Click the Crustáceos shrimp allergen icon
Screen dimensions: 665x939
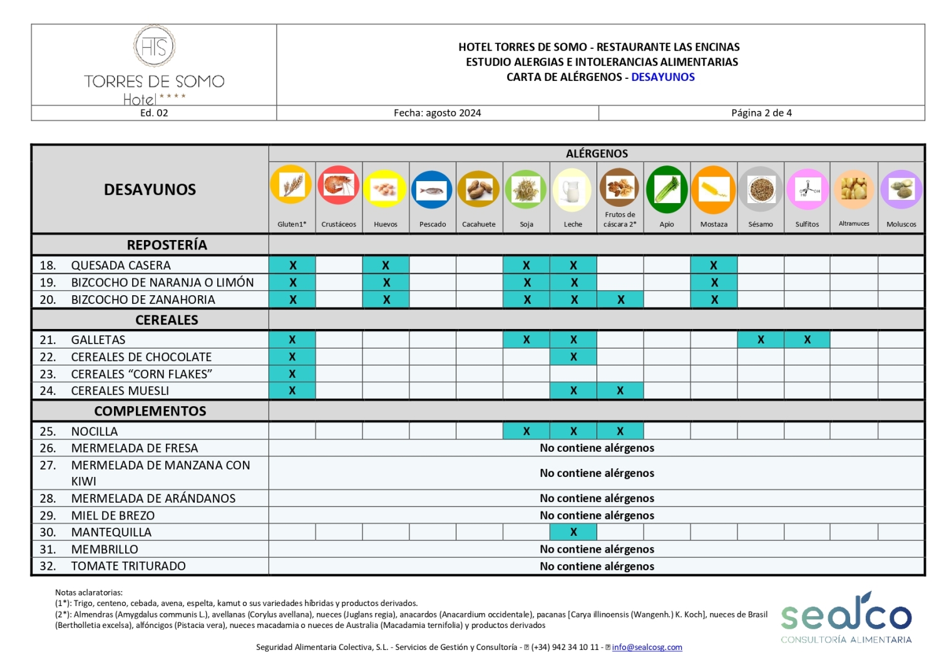(x=339, y=187)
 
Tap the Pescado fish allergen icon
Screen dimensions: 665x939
(x=432, y=189)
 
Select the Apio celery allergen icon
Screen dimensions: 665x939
(x=667, y=189)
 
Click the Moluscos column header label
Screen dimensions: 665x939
(x=901, y=224)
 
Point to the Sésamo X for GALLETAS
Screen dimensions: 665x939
(x=761, y=340)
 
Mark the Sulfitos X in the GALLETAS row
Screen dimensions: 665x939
(x=807, y=340)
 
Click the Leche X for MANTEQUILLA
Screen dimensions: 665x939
(x=573, y=532)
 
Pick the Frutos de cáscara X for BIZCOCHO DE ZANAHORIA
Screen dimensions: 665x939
(x=620, y=300)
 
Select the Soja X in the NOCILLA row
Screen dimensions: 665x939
(x=526, y=431)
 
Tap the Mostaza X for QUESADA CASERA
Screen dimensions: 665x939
(x=714, y=266)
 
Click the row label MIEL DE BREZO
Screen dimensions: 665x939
(x=113, y=516)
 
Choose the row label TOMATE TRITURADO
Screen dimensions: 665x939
(x=128, y=567)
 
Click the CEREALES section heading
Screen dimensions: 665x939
(x=167, y=320)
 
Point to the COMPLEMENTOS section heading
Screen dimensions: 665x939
(x=150, y=411)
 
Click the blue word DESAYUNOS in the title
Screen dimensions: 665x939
(x=663, y=77)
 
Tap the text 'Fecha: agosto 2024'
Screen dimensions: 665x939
(x=437, y=113)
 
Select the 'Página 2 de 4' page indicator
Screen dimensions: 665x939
(x=761, y=113)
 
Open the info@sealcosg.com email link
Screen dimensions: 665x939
(x=647, y=647)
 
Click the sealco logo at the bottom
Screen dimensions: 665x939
(x=846, y=617)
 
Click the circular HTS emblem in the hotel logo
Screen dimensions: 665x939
(x=154, y=46)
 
